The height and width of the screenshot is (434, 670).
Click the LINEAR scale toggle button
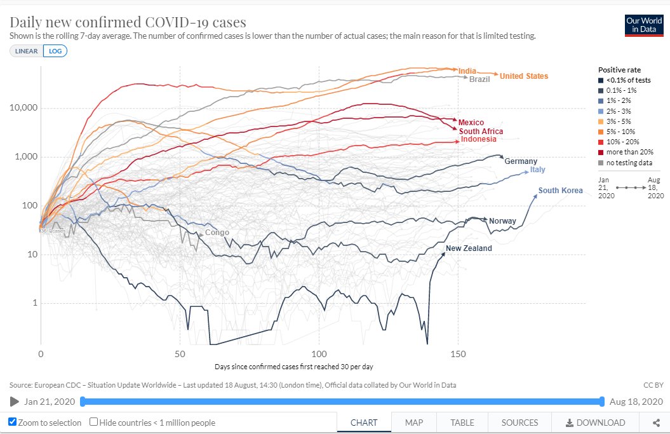27,50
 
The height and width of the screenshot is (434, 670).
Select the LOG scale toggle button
55,50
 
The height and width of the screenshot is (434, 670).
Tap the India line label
467,71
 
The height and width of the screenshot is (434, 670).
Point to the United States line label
523,76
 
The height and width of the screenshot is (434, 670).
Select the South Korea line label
560,191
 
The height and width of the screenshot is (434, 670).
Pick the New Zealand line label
469,248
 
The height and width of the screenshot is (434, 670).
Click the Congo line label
217,233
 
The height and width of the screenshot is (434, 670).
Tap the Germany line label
521,161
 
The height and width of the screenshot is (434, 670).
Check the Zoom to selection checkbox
13,422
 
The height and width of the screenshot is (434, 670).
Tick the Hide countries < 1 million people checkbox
94,422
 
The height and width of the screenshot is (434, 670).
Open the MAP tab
414,423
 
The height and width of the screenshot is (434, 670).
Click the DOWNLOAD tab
595,423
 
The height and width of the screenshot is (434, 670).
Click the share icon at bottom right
656,423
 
